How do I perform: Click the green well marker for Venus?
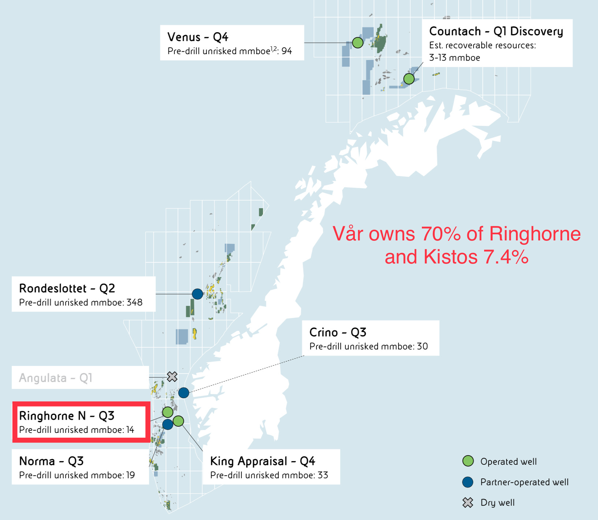[357, 42]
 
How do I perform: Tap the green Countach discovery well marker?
[409, 79]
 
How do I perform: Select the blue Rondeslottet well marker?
[197, 293]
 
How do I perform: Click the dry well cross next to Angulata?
[172, 377]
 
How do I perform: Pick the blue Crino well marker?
[183, 393]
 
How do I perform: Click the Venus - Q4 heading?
[198, 37]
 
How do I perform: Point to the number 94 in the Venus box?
[287, 51]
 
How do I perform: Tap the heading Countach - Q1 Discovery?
[496, 31]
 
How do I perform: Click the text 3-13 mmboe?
[454, 58]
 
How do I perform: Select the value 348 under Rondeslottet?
[134, 303]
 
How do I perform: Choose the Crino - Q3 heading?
[338, 332]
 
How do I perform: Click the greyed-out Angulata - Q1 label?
[56, 378]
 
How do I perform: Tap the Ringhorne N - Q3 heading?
[67, 416]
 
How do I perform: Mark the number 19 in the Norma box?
[130, 475]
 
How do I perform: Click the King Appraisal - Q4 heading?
[263, 461]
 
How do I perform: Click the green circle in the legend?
[468, 461]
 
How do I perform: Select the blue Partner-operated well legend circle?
[468, 482]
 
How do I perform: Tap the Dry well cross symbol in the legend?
[468, 502]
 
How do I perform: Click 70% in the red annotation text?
[441, 234]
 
